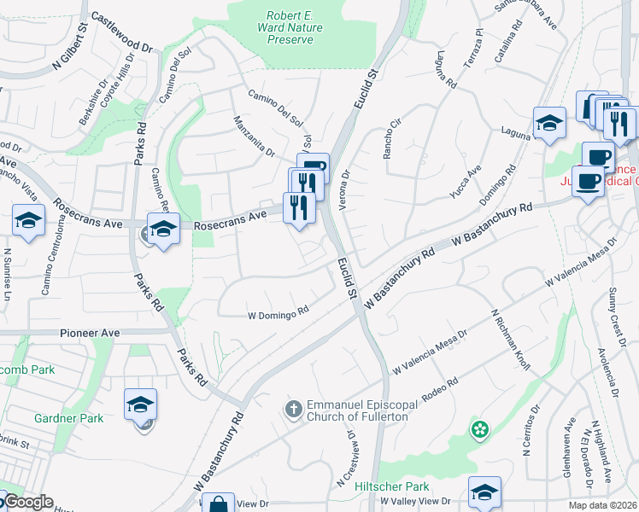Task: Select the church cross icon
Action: [294, 410]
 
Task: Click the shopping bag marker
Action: [219, 504]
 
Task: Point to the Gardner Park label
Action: [69, 418]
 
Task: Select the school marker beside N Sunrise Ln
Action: [28, 221]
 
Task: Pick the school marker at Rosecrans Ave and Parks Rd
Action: [163, 228]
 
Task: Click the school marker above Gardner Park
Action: [141, 404]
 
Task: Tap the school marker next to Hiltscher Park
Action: [484, 492]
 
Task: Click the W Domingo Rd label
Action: [278, 313]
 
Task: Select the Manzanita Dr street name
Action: [254, 137]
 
